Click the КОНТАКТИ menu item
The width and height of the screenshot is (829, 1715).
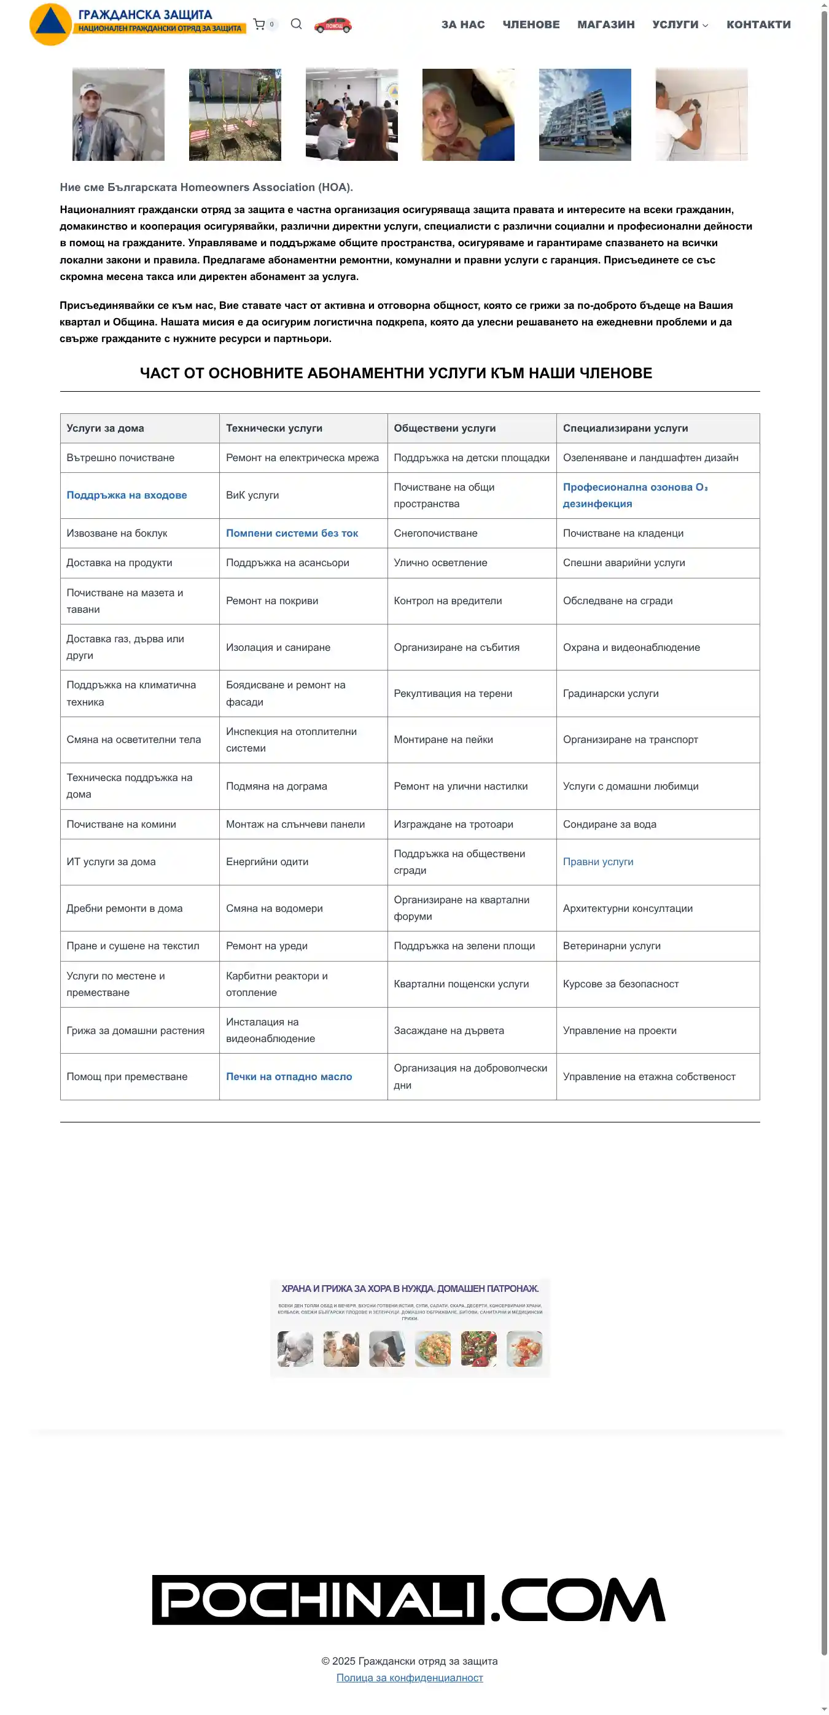tap(758, 25)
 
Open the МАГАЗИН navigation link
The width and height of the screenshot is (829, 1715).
tap(605, 25)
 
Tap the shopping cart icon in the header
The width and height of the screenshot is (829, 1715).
tap(259, 25)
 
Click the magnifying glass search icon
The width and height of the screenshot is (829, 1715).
tap(297, 24)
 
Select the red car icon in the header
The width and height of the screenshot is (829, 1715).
tap(333, 25)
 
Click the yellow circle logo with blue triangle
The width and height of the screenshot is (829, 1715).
tap(50, 24)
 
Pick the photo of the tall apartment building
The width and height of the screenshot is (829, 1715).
tap(585, 114)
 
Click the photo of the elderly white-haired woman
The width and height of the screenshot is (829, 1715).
tap(468, 114)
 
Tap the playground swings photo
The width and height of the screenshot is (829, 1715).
tap(235, 114)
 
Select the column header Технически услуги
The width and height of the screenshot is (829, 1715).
tap(274, 428)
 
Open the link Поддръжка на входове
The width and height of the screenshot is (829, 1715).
tap(126, 495)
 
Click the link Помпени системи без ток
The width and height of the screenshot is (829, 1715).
tap(292, 532)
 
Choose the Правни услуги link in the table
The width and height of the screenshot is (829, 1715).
tap(597, 861)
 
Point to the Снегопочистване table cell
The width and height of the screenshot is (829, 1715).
tap(435, 532)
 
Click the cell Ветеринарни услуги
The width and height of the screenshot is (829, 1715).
tap(611, 946)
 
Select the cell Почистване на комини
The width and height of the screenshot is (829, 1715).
tap(121, 823)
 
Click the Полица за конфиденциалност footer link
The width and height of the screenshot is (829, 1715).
tap(410, 1677)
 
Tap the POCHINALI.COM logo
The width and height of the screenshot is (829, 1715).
tap(408, 1599)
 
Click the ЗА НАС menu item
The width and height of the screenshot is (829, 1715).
tap(463, 25)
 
